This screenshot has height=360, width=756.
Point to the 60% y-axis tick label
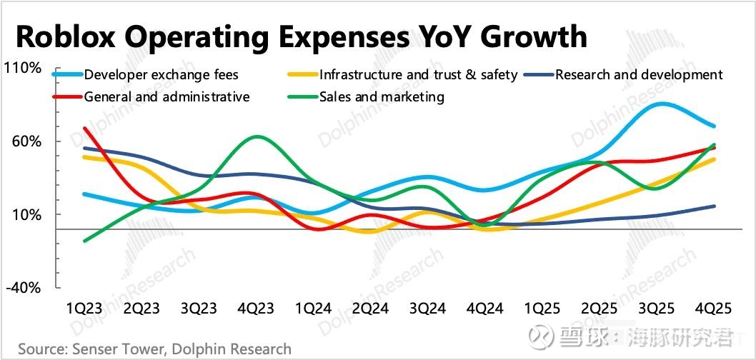pos(26,141)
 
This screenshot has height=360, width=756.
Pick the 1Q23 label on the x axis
pos(84,309)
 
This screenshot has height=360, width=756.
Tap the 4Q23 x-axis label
pos(256,309)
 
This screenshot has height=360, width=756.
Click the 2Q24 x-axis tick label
pos(370,309)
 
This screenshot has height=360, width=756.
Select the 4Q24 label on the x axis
pos(484,309)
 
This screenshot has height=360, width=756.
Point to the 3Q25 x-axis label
pos(656,309)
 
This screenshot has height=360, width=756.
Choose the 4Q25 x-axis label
pos(713,309)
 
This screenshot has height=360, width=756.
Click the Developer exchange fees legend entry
pos(161,75)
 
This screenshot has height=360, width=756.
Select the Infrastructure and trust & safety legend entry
pos(418,75)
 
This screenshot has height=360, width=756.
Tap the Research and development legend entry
pos(639,75)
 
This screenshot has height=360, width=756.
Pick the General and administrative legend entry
pos(166,96)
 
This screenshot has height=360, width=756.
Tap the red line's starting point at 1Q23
pos(85,129)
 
